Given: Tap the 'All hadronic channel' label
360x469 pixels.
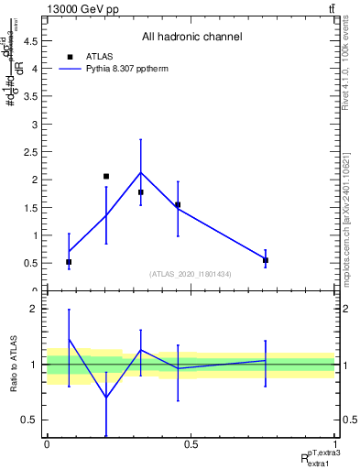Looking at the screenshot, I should pos(191,38).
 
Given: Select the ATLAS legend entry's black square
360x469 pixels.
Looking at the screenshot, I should pos(70,57).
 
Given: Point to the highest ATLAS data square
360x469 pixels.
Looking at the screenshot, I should pos(106,176).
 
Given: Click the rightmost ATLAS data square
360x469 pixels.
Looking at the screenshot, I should pos(266,260).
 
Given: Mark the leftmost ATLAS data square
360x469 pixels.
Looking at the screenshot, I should pos(69,262).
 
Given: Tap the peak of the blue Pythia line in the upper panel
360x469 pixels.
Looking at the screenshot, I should pos(140,172).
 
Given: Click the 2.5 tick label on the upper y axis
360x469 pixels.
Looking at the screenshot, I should pos(33,151).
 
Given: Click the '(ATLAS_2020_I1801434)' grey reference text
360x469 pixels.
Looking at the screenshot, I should pos(191,274).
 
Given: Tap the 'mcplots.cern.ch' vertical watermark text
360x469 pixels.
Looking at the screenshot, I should pos(345,212).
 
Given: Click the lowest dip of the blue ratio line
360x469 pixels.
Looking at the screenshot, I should pos(106,398).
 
